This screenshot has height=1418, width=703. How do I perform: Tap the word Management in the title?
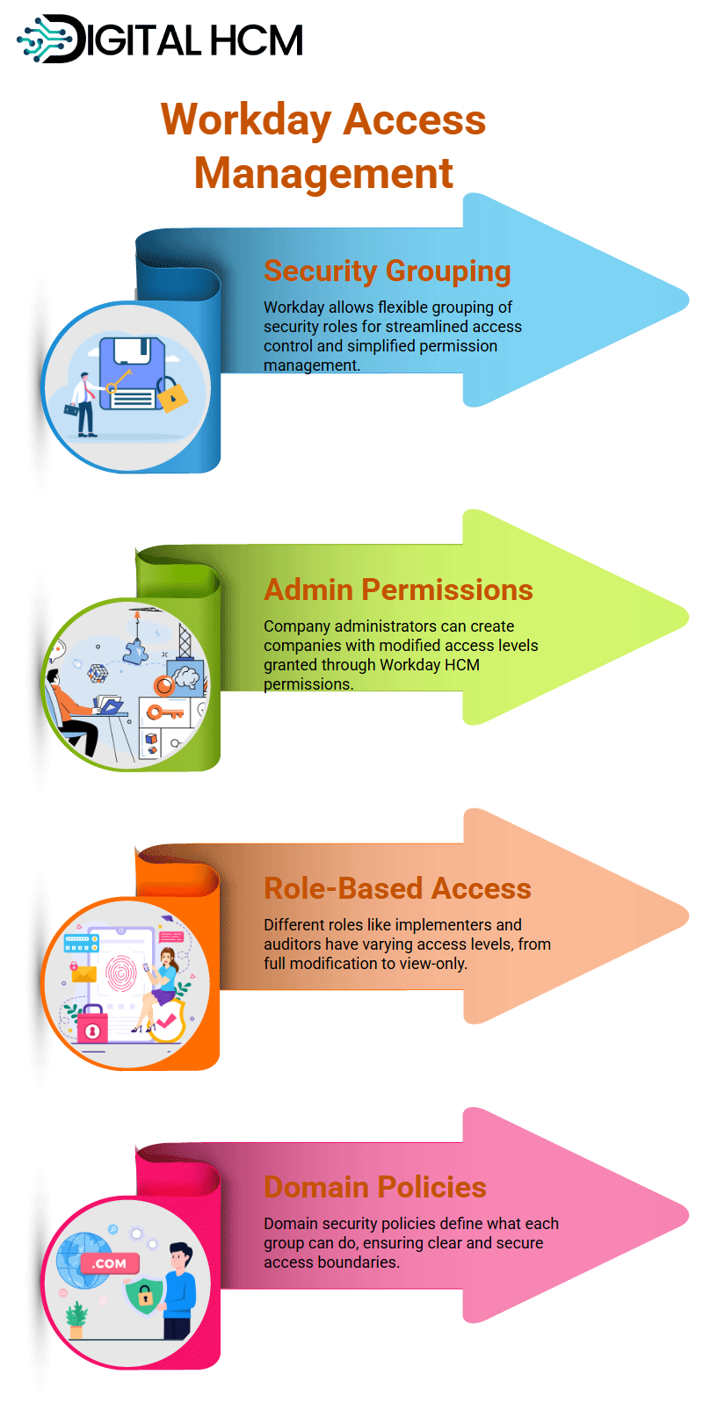click(323, 173)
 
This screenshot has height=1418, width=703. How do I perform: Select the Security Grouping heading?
click(387, 271)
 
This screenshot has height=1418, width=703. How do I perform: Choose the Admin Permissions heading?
click(398, 590)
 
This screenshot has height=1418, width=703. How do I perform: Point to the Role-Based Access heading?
click(397, 888)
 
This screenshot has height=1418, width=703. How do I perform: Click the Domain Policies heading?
click(375, 1187)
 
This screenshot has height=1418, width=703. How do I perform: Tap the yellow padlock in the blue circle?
click(171, 395)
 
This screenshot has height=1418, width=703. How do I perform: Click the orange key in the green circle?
click(164, 713)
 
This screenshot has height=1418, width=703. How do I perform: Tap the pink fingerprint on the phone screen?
click(121, 973)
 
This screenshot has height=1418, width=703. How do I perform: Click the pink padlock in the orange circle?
click(92, 1024)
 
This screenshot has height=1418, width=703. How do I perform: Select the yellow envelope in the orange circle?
click(83, 973)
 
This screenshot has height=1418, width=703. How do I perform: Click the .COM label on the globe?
click(110, 1263)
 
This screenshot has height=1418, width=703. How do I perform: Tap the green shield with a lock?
click(145, 1296)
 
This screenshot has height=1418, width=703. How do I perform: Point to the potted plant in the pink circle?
click(76, 1320)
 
